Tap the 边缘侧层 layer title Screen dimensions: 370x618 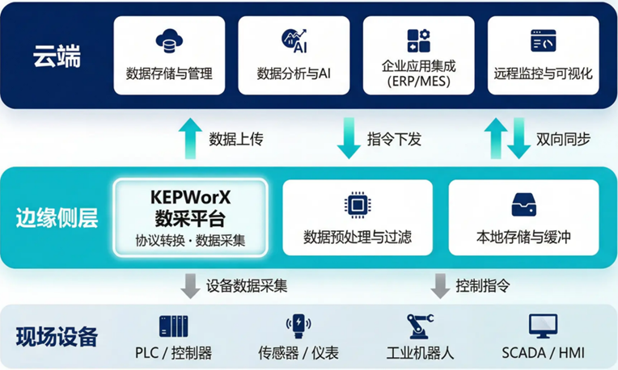coord(57,217)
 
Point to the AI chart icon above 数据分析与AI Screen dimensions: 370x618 coord(294,40)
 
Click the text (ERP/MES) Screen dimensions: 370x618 coord(418,82)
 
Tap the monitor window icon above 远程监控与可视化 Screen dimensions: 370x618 coord(543,40)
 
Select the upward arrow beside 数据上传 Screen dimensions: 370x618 coord(189,138)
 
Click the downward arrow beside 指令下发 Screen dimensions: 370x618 coord(349,138)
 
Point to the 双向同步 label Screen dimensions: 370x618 coord(563,139)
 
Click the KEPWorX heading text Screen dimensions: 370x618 coord(190,197)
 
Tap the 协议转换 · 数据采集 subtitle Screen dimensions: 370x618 coord(190,240)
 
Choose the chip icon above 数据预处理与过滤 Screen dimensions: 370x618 coord(357,204)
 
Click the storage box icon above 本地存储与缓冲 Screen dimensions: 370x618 coord(524,204)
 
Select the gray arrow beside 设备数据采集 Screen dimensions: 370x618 coord(190,285)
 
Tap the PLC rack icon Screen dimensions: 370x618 coord(173,327)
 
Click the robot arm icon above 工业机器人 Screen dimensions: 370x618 coord(420,326)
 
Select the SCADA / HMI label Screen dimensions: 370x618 coord(543,353)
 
